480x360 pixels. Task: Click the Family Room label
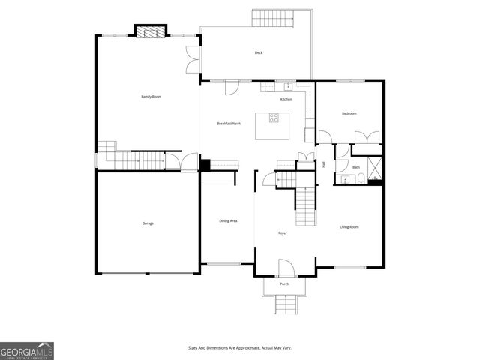[x=151, y=97]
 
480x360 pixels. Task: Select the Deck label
[x=259, y=52]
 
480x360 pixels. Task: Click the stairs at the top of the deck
[x=272, y=18]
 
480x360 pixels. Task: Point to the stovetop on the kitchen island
[x=274, y=118]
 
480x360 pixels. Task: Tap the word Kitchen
[x=286, y=99]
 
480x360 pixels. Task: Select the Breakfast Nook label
[x=229, y=123]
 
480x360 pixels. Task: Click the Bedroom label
[x=349, y=113]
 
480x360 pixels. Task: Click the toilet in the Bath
[x=361, y=178]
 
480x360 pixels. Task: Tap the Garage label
[x=148, y=223]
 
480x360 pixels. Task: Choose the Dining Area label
[x=228, y=220]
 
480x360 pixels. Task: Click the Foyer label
[x=283, y=233]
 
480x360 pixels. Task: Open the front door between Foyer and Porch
[x=284, y=267]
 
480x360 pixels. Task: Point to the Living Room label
[x=349, y=227]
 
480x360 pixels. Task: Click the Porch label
[x=284, y=284]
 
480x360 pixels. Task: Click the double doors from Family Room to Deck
[x=192, y=59]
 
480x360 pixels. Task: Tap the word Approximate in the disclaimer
[x=245, y=347]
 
